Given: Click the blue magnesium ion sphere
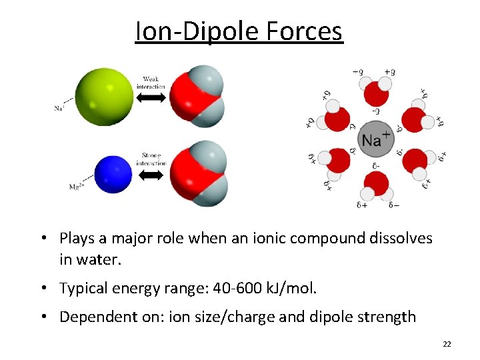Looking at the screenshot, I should tap(113, 173).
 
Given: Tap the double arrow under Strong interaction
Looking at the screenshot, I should tap(151, 175).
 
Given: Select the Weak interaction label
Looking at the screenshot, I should tap(151, 83).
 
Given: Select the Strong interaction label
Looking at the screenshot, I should tap(151, 159).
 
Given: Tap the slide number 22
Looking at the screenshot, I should tap(447, 343).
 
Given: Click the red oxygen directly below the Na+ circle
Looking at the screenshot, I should tap(377, 182).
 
